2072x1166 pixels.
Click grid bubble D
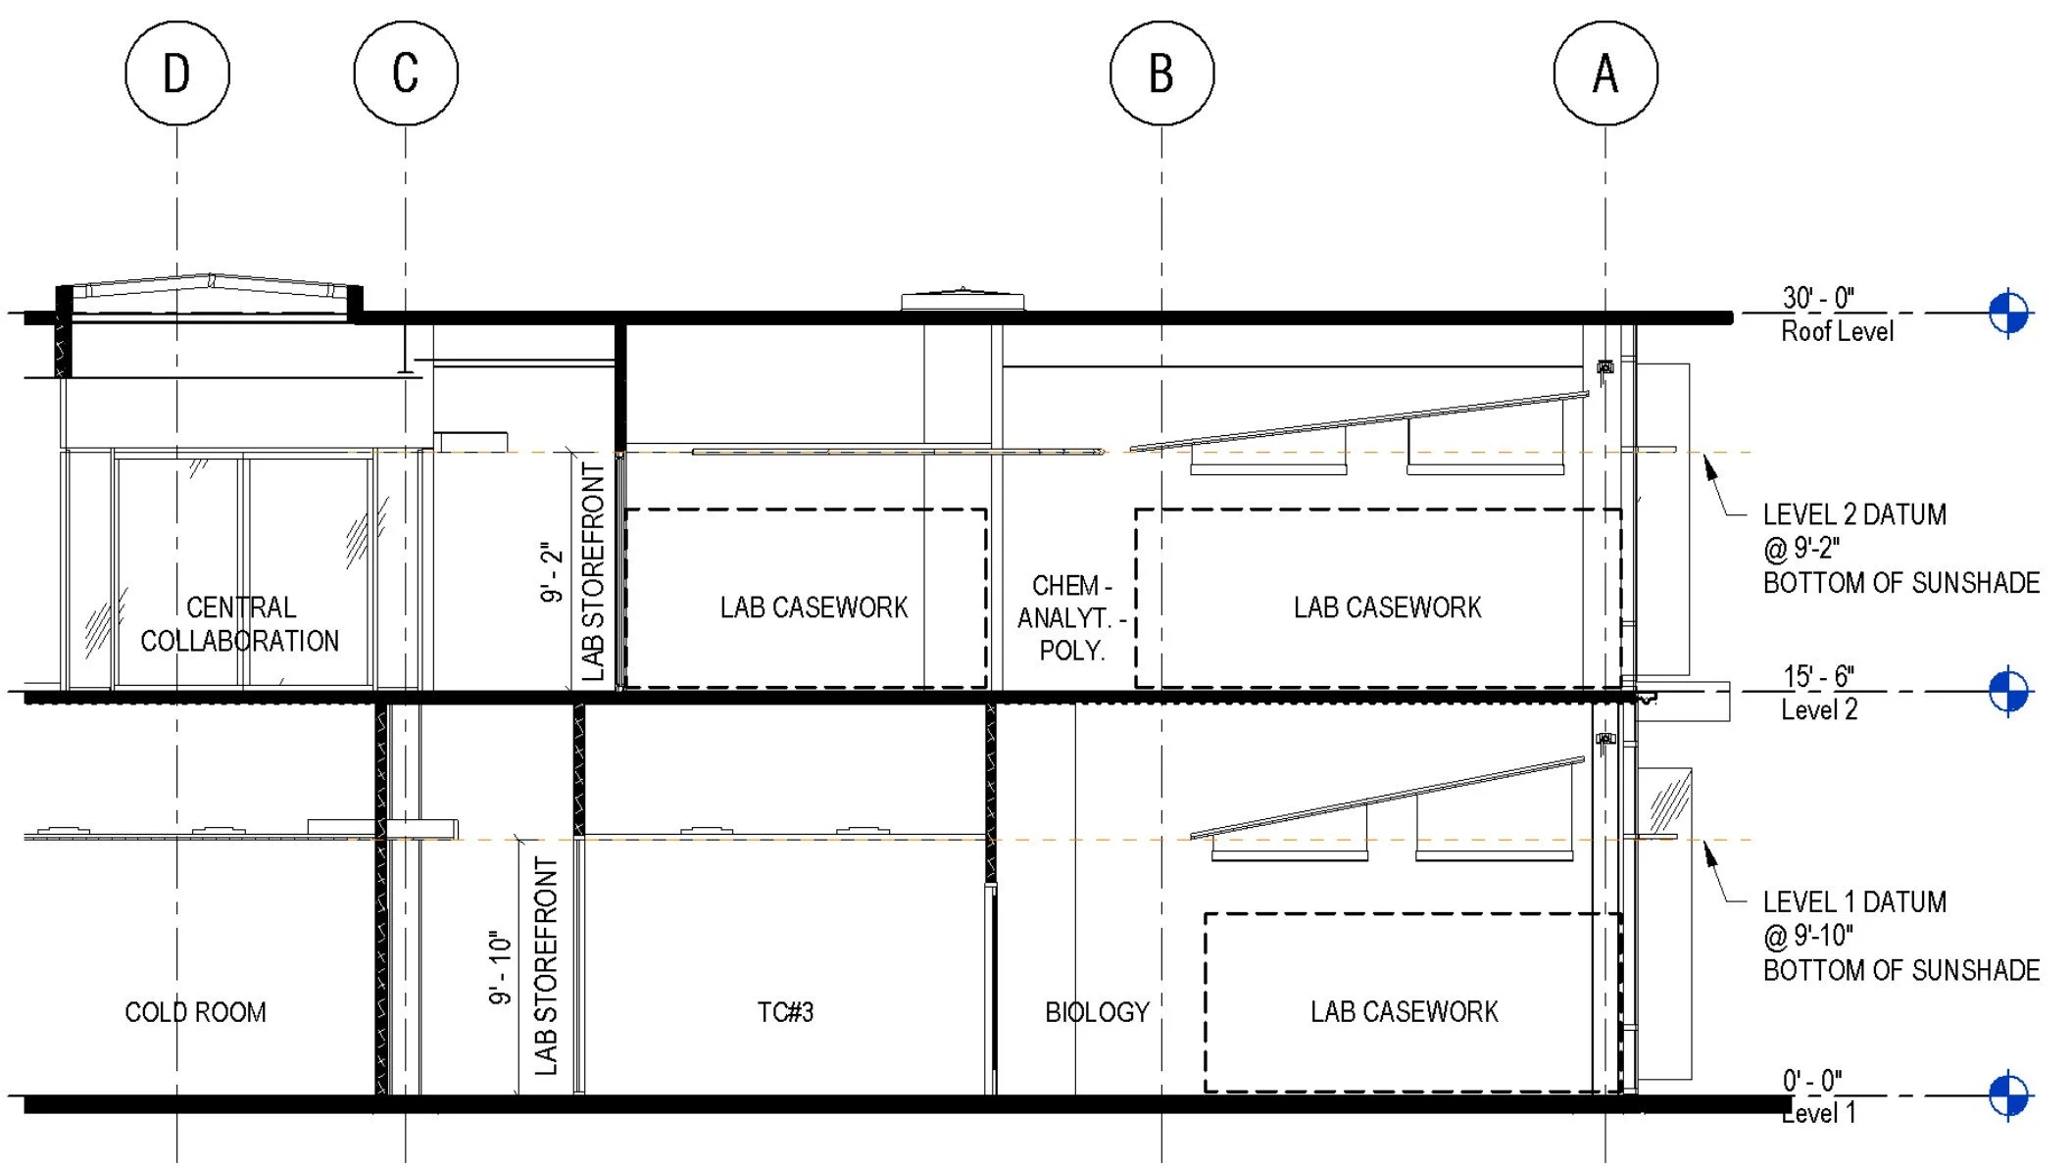(x=177, y=73)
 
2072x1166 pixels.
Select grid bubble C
(x=406, y=73)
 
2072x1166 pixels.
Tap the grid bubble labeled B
(x=1161, y=73)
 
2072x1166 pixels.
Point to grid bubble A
(x=1605, y=73)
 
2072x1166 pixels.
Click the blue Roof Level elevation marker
(x=2008, y=314)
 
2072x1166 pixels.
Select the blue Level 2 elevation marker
(x=2008, y=692)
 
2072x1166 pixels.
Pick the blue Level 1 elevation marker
(x=2008, y=1095)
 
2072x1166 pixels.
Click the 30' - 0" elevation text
(x=1818, y=298)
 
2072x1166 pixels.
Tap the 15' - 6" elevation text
(x=1818, y=676)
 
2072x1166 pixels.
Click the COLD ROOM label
(x=195, y=1012)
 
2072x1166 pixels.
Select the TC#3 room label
(x=785, y=1012)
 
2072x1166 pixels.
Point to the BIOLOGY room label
(x=1097, y=1012)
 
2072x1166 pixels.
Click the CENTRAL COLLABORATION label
(x=240, y=624)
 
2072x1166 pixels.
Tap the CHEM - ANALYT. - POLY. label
(x=1071, y=618)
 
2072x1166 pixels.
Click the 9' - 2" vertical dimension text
(x=553, y=572)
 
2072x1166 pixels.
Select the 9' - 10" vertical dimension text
(x=501, y=967)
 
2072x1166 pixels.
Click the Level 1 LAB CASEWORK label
(x=1404, y=1012)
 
